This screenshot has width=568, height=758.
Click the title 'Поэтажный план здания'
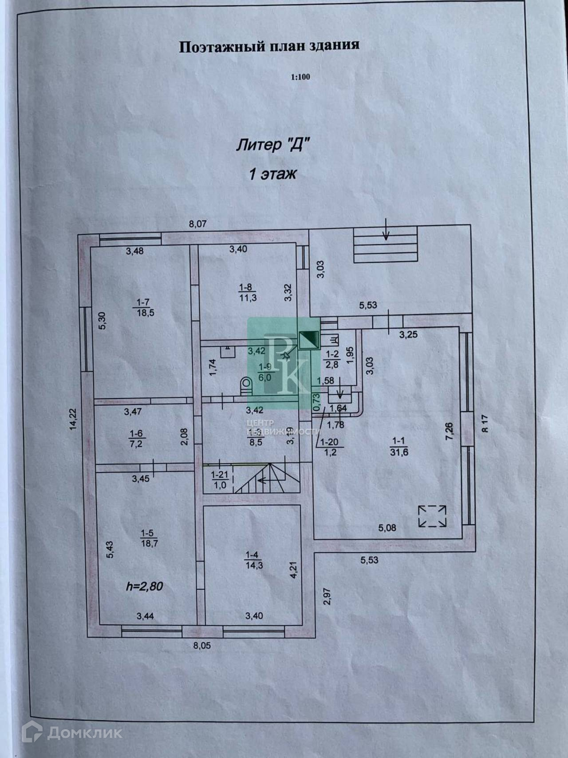pyautogui.click(x=269, y=46)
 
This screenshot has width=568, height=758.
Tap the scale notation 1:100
pyautogui.click(x=300, y=77)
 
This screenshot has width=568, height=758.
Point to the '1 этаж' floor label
pyautogui.click(x=272, y=174)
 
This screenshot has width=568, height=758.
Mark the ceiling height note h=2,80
pyautogui.click(x=145, y=586)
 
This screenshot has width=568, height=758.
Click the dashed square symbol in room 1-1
pyautogui.click(x=432, y=516)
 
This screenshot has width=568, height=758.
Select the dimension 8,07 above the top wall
pyautogui.click(x=198, y=224)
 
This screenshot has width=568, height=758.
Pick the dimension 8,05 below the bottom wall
pyautogui.click(x=202, y=646)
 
